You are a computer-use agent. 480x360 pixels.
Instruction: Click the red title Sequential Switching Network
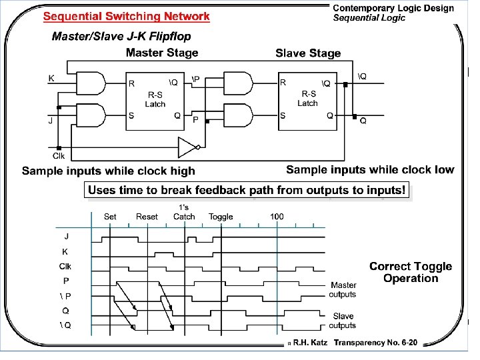click(126, 16)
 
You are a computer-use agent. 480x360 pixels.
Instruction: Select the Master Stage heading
click(162, 53)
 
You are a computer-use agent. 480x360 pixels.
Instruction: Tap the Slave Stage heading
click(308, 53)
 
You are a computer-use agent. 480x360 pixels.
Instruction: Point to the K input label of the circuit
click(51, 78)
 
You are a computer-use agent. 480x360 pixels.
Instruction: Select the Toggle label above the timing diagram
click(221, 217)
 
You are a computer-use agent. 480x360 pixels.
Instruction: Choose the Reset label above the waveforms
click(147, 217)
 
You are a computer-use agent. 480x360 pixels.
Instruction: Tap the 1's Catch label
click(184, 212)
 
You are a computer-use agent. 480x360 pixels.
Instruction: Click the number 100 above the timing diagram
click(277, 217)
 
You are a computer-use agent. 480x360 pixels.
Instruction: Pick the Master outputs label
click(343, 290)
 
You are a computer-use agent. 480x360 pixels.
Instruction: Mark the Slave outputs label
click(343, 321)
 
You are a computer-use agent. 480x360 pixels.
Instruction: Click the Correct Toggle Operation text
click(411, 272)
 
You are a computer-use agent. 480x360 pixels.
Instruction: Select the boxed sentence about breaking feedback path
click(247, 191)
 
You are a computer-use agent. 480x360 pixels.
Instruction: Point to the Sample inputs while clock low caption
click(370, 169)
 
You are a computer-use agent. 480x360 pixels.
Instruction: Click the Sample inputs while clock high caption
click(109, 171)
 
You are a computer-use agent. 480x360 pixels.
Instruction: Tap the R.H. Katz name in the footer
click(310, 343)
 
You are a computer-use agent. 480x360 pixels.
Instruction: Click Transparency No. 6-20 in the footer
click(376, 343)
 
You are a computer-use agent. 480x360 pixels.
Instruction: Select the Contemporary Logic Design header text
click(393, 9)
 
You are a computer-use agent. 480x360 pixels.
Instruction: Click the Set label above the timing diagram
click(110, 217)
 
